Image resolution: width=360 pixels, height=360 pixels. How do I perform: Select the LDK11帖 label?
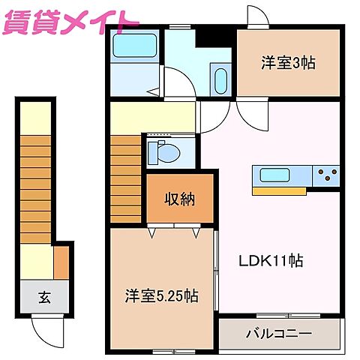click(271, 262)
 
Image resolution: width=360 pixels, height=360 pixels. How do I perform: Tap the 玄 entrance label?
click(44, 298)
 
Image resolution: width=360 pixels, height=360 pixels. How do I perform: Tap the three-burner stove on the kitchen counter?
click(327, 175)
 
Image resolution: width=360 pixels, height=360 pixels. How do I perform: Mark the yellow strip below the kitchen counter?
click(279, 190)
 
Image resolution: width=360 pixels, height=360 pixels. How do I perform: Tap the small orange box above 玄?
click(61, 262)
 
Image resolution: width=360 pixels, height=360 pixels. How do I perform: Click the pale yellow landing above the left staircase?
click(34, 117)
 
